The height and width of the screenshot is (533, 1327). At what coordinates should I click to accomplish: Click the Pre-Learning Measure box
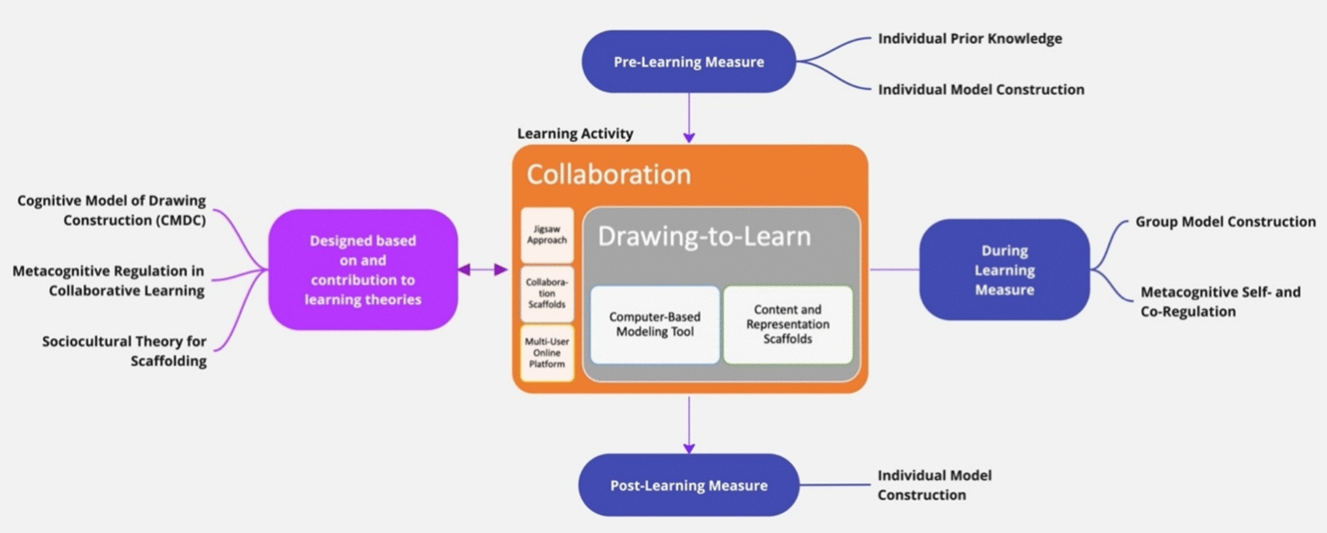coord(688,62)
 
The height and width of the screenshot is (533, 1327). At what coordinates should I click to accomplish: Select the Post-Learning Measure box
coord(688,485)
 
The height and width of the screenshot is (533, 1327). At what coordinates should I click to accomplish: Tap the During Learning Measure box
coord(1004,270)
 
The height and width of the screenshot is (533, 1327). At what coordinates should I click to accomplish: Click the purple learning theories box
coord(362,270)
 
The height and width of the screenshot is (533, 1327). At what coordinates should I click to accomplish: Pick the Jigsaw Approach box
coord(547,235)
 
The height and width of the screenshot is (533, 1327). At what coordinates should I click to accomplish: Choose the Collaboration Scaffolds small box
coord(547,293)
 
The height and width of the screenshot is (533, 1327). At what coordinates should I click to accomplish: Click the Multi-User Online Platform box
coord(547,353)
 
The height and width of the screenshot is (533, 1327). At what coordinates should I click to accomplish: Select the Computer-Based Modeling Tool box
coord(655,324)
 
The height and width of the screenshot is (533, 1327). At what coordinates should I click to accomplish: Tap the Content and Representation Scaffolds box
coord(787,324)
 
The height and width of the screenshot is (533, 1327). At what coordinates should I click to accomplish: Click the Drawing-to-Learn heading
coord(704,236)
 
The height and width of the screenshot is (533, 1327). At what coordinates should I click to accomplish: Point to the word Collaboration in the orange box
coord(608,174)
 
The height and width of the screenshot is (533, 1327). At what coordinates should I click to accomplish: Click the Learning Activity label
coord(575,134)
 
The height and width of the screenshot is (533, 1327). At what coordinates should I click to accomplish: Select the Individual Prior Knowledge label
coord(969,39)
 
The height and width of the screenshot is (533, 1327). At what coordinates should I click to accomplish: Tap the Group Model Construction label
coord(1225,222)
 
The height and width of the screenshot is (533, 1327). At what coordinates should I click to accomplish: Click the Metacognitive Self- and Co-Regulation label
coord(1220,301)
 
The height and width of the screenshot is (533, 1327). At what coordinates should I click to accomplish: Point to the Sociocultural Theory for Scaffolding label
coord(124,351)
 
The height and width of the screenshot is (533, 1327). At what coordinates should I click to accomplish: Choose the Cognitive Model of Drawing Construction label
coord(111,210)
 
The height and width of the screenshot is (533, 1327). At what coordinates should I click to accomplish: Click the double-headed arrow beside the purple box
coord(483,269)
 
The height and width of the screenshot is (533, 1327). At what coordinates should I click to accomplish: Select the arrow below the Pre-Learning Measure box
coord(689,118)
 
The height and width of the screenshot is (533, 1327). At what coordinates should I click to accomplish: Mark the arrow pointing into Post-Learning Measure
coord(689,426)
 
